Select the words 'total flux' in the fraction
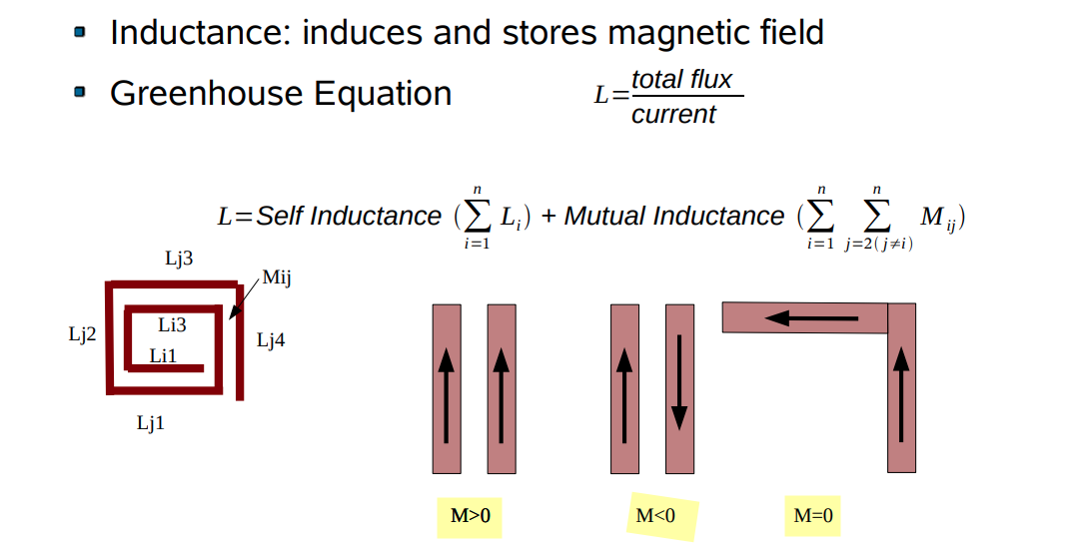click(682, 79)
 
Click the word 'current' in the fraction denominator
click(673, 114)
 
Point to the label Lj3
click(179, 258)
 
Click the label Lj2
click(82, 334)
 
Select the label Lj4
click(271, 340)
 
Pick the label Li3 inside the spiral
click(172, 324)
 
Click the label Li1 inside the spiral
click(164, 355)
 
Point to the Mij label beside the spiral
click(276, 277)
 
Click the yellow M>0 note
click(470, 516)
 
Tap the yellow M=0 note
click(812, 516)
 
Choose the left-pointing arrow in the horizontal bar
click(810, 318)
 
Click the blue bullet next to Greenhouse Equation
click(80, 93)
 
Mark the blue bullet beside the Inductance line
click(80, 32)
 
